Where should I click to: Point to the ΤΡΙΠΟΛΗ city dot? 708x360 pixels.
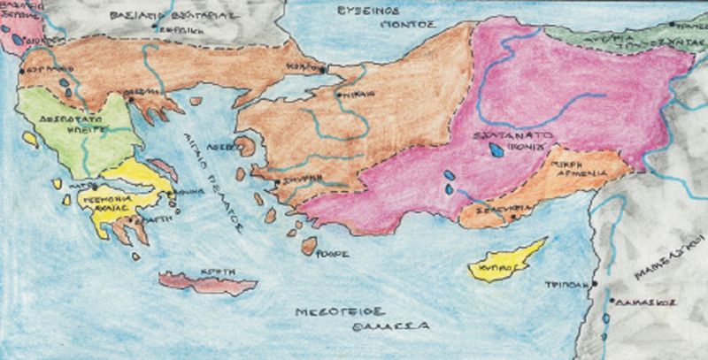pyautogui.click(x=595, y=283)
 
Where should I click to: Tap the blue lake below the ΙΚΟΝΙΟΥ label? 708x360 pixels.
pyautogui.click(x=496, y=151)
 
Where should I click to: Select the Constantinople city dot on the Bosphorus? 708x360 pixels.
pyautogui.click(x=322, y=68)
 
